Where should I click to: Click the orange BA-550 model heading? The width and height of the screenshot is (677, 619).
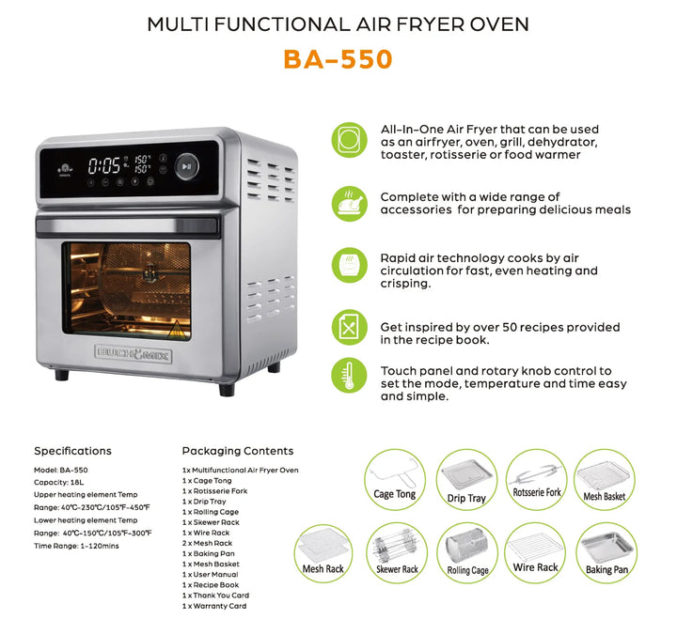pos(338,59)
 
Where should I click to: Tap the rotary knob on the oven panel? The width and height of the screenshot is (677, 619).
pos(186,166)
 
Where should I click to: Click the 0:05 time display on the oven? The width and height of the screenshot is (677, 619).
pos(104,166)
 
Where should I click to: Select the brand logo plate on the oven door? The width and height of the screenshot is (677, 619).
pos(126,354)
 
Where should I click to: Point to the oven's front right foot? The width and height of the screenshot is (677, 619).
pos(227,388)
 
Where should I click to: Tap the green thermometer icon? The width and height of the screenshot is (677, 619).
pos(349,377)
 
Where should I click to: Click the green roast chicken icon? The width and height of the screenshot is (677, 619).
pos(349,202)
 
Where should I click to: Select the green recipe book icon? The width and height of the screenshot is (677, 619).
pos(349,327)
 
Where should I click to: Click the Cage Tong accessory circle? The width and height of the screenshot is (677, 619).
pos(395,478)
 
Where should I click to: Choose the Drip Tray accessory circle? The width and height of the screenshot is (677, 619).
pos(465,478)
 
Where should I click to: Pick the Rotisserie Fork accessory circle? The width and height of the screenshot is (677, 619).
pos(536,478)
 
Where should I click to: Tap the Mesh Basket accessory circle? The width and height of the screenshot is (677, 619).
pos(605,478)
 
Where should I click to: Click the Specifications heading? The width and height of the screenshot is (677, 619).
pos(72,451)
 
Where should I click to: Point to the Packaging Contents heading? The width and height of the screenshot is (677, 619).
pos(237,451)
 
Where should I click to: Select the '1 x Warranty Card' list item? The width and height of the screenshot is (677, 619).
pos(214,606)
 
